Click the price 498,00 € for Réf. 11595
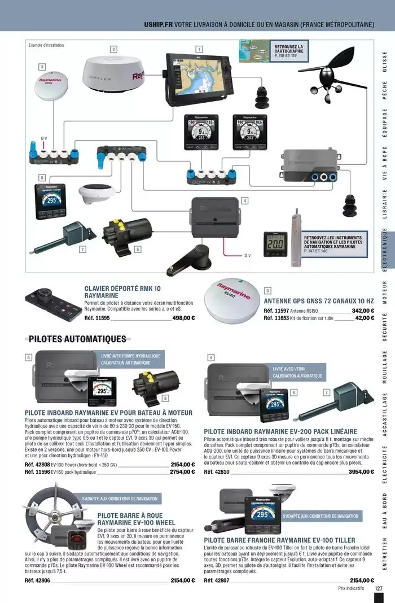183,318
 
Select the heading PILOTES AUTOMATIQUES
77,339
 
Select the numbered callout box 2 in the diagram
113,49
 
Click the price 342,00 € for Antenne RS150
363,311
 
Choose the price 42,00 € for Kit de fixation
365,318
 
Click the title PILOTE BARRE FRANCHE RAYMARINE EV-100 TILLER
279,540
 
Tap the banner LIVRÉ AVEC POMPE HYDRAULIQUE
131,356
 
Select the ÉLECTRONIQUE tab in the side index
384,251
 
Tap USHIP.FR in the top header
158,25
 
